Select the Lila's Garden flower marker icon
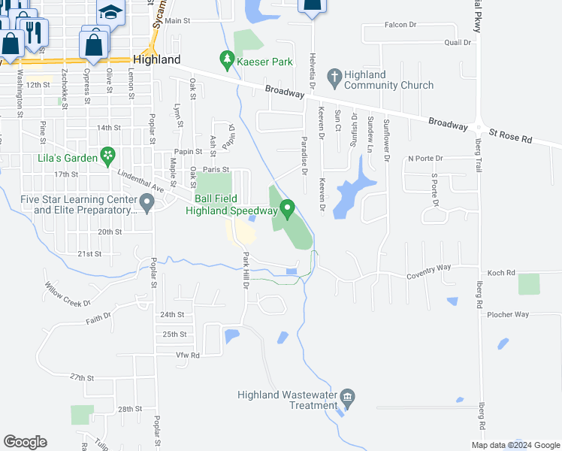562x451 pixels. (x=109, y=156)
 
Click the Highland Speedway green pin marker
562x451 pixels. (x=286, y=209)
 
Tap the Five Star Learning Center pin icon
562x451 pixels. (x=146, y=203)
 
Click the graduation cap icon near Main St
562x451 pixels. (x=110, y=12)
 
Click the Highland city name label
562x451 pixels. (x=156, y=59)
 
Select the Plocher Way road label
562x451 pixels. (x=508, y=314)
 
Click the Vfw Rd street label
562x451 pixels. (x=188, y=354)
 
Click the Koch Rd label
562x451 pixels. (x=501, y=273)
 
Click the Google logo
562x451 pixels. (x=25, y=442)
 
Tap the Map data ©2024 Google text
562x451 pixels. (x=515, y=445)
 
